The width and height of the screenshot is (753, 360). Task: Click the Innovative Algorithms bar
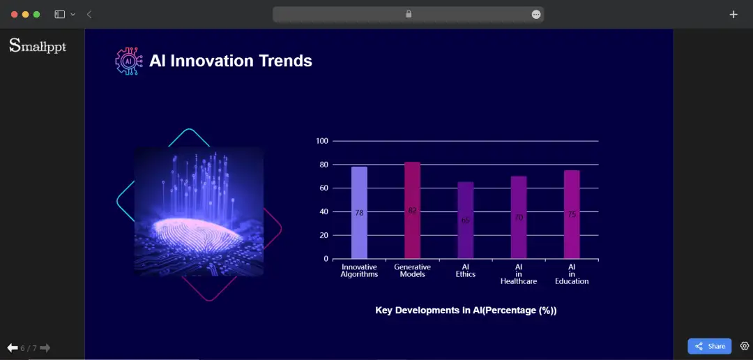[359, 213]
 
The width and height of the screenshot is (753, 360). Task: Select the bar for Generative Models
[412, 210]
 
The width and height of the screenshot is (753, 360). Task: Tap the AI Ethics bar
[465, 220]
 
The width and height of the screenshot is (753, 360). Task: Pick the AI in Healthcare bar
[518, 217]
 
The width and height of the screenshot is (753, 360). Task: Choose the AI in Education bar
[572, 214]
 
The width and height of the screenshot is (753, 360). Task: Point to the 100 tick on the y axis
[321, 141]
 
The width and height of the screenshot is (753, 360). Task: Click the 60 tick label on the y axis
[324, 188]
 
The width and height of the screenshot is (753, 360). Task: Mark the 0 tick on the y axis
[326, 259]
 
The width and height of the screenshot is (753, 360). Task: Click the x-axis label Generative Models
[412, 271]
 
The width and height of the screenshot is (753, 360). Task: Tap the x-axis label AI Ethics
[465, 271]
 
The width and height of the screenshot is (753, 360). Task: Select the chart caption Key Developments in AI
[466, 310]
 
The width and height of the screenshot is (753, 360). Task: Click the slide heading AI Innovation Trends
[231, 61]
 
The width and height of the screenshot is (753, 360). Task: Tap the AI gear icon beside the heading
[128, 61]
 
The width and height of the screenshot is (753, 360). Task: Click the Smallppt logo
[38, 46]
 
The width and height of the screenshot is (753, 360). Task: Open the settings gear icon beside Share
[744, 346]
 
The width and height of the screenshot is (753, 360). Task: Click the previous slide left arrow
[12, 347]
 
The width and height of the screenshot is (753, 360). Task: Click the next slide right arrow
[45, 347]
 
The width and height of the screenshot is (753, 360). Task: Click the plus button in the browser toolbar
[733, 14]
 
